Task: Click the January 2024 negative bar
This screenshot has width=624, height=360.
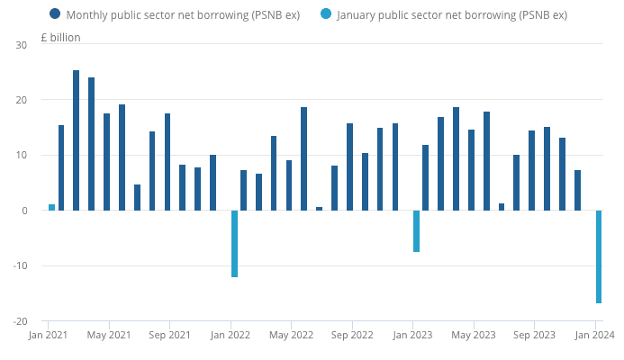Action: [598, 256]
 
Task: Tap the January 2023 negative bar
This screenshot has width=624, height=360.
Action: [416, 230]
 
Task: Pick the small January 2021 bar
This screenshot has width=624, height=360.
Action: [52, 207]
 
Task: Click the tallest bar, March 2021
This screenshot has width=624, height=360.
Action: [77, 140]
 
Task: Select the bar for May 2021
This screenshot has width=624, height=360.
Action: [107, 162]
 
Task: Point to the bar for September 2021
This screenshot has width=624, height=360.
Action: [167, 162]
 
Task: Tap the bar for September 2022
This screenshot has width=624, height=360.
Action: [349, 166]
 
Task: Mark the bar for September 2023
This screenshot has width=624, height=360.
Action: [531, 170]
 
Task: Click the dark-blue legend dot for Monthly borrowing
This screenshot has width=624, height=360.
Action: [56, 14]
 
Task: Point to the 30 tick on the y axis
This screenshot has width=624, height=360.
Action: [23, 44]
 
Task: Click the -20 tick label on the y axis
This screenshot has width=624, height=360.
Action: [21, 321]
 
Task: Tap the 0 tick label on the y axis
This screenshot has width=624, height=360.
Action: [25, 211]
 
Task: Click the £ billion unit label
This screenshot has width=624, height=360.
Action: [60, 38]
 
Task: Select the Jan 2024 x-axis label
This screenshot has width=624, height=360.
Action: [594, 336]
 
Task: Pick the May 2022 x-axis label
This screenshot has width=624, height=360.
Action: [290, 336]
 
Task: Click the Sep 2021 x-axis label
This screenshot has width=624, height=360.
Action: [168, 336]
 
